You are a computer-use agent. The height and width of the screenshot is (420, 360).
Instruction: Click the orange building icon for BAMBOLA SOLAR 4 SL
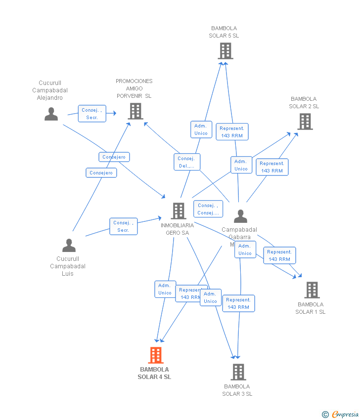156,355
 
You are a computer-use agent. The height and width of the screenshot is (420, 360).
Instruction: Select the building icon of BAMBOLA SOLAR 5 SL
225,50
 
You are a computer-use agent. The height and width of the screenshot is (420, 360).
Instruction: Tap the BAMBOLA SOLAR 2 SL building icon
305,121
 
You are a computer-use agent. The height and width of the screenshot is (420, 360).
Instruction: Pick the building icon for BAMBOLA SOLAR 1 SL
312,290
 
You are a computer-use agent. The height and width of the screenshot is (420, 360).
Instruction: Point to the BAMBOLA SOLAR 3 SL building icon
238,372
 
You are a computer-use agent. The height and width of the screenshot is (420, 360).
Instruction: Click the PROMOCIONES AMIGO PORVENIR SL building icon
135,111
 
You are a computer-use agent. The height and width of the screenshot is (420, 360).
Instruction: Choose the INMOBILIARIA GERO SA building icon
178,211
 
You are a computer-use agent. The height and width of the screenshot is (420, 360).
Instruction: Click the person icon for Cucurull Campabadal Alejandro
51,114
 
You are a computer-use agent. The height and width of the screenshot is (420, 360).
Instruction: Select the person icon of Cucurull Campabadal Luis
69,245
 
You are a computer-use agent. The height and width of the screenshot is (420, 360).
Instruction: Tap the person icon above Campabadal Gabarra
240,216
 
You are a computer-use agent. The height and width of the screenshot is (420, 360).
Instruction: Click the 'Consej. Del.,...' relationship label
187,162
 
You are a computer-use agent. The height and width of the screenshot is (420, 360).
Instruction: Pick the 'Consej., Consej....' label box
208,209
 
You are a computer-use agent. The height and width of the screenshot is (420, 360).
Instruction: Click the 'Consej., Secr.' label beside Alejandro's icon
92,114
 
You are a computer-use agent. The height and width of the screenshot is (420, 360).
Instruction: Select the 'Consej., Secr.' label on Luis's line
123,226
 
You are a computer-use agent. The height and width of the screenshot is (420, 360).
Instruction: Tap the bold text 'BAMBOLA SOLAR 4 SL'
154,373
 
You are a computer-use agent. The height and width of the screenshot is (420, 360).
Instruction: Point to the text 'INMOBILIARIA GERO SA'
177,229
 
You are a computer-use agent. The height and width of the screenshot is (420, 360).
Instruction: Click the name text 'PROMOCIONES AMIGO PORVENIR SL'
134,88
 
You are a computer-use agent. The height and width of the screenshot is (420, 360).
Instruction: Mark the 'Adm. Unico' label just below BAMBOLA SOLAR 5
201,129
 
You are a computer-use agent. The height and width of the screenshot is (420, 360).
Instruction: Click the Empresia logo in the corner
345,415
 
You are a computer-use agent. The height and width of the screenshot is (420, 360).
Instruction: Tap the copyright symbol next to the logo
325,415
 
